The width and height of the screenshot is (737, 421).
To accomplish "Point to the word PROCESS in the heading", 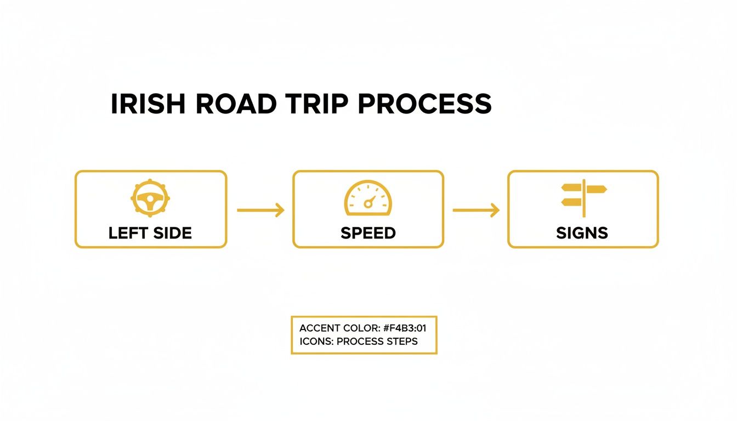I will (x=426, y=104).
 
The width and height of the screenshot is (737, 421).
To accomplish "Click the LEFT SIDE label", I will (x=150, y=233).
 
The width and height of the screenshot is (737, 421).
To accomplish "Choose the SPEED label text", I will (x=368, y=233).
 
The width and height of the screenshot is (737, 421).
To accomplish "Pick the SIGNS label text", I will (x=582, y=233).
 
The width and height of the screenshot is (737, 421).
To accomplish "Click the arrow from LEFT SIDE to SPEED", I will (x=260, y=210).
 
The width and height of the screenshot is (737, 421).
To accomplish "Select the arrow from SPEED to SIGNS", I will (x=475, y=210).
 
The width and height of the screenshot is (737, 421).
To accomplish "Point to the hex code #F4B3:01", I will (x=406, y=328).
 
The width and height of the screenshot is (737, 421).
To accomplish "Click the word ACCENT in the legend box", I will (x=319, y=328).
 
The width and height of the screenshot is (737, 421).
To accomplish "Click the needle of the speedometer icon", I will (x=371, y=201).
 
